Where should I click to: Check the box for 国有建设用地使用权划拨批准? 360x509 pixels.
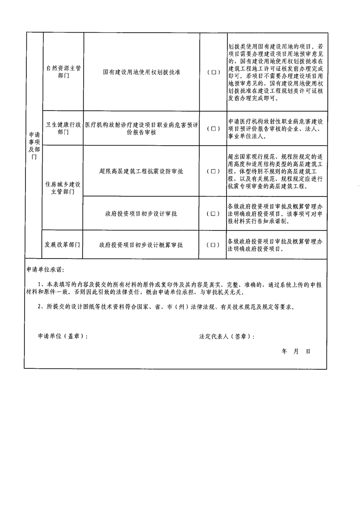pos(213,73)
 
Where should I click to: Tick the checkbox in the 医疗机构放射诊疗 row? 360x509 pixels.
pos(213,128)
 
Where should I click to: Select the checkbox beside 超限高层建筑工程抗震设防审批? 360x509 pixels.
pos(213,171)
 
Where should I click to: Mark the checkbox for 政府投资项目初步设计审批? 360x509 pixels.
pos(213,214)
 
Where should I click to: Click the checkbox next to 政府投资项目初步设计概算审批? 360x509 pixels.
pos(213,245)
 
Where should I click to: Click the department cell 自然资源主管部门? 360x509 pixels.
pos(64,72)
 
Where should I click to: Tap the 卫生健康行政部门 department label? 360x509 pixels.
pos(63,128)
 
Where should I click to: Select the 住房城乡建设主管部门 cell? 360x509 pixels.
pos(63,188)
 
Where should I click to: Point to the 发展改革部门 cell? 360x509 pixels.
pos(62,245)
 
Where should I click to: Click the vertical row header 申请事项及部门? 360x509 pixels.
pos(34,146)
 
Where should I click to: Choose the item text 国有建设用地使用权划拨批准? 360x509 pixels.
pos(142,72)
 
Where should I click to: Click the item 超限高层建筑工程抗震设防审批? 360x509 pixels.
pos(141,171)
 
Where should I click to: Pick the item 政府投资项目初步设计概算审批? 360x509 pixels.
pos(141,245)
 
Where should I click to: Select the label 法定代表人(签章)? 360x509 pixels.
pos(227,337)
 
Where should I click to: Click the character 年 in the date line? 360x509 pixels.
pos(284,351)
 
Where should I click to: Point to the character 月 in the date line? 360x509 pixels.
pos(296,351)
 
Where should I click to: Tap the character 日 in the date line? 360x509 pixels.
pos(308,351)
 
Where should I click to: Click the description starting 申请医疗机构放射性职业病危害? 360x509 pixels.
pos(276,129)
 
